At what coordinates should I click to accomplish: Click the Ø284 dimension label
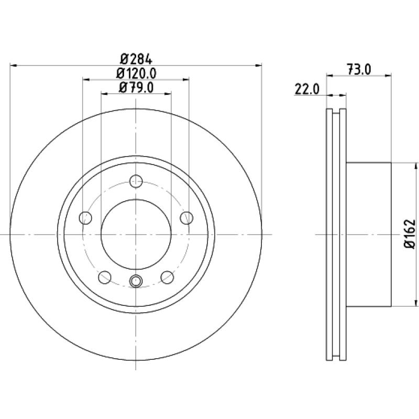136,59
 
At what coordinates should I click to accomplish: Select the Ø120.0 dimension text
136,73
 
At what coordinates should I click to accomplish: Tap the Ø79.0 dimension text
136,87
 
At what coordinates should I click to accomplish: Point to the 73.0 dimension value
359,70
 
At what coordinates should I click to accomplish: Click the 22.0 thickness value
307,89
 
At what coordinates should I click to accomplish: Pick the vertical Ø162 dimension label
410,234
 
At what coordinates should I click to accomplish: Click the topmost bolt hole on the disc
136,181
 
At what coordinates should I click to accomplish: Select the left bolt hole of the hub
85,218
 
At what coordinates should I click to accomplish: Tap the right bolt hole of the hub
186,218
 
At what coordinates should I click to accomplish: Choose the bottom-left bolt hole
105,277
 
